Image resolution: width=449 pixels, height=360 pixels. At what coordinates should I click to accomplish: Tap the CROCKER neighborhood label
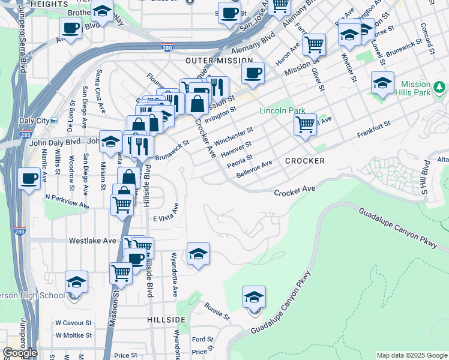pyautogui.click(x=305, y=161)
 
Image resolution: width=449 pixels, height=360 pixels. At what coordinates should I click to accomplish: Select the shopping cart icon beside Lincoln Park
pyautogui.click(x=306, y=125)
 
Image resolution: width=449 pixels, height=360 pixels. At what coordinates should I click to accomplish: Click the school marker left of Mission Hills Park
pyautogui.click(x=382, y=83)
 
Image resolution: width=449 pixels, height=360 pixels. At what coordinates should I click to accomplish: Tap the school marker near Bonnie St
pyautogui.click(x=254, y=298)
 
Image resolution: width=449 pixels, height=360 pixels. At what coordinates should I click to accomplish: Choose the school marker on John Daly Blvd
pyautogui.click(x=110, y=142)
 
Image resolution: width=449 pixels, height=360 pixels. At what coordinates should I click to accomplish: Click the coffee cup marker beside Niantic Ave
pyautogui.click(x=29, y=178)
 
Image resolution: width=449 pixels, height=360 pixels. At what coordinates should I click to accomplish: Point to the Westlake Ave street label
pyautogui.click(x=92, y=241)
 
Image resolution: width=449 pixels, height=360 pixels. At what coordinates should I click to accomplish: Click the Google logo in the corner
pyautogui.click(x=20, y=353)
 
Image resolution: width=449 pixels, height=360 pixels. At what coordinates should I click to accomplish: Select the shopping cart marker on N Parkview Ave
pyautogui.click(x=122, y=205)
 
